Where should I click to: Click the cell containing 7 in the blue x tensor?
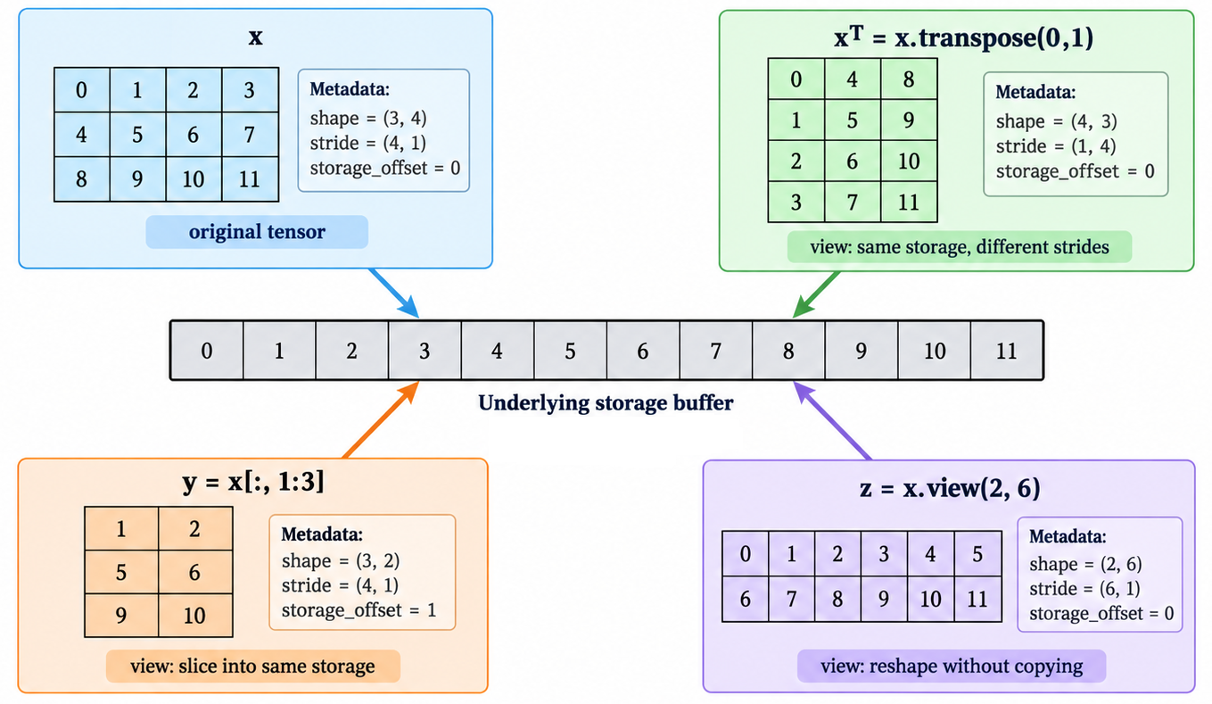click(x=250, y=135)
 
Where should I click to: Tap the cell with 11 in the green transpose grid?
click(x=909, y=202)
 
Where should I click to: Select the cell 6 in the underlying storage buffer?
click(x=643, y=351)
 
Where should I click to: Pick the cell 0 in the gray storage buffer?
click(x=207, y=351)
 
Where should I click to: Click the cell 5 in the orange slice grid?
click(x=121, y=572)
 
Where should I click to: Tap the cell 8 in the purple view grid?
click(x=837, y=599)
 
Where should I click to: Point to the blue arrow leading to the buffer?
click(x=394, y=293)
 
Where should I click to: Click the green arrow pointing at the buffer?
click(x=816, y=294)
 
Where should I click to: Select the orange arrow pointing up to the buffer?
click(x=382, y=419)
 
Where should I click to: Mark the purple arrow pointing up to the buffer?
click(x=832, y=421)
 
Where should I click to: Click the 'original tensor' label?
click(x=257, y=232)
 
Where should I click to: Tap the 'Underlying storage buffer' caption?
click(x=606, y=402)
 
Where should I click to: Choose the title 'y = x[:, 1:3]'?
click(x=253, y=482)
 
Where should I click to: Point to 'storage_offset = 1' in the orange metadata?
click(x=359, y=610)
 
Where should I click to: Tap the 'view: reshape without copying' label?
click(x=952, y=667)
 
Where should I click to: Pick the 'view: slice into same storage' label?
click(x=252, y=667)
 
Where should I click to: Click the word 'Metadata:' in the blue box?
click(x=350, y=89)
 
